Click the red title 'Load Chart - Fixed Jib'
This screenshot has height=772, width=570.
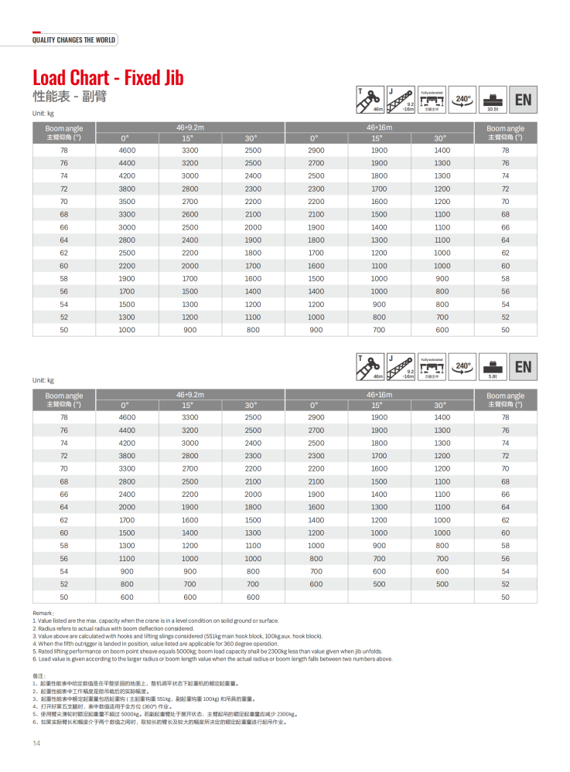click(x=108, y=78)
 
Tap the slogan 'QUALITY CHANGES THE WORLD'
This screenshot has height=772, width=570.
click(x=73, y=40)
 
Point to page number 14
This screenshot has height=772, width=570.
click(x=36, y=743)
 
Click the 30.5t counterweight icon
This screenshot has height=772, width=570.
click(x=492, y=100)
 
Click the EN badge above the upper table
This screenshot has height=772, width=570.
click(x=524, y=100)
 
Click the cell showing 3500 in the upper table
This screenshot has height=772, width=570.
click(x=127, y=201)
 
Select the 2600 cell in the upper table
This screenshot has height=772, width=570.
click(x=189, y=214)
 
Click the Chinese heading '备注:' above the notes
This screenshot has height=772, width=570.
click(x=42, y=676)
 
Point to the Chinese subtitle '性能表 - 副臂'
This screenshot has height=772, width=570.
click(x=69, y=97)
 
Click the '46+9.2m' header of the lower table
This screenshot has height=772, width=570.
click(x=190, y=394)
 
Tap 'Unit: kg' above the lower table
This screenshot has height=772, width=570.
click(x=43, y=380)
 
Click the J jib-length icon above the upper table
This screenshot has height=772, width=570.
click(x=401, y=100)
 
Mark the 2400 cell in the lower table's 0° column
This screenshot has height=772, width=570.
click(x=127, y=494)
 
